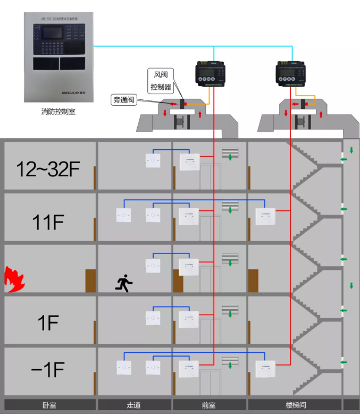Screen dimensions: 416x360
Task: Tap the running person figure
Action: pyautogui.click(x=124, y=284)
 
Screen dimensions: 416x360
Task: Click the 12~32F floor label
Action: pyautogui.click(x=48, y=169)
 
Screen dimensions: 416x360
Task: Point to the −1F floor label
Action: pyautogui.click(x=48, y=370)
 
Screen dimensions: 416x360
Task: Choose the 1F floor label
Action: pyautogui.click(x=48, y=323)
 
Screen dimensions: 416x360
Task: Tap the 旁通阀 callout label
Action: pyautogui.click(x=123, y=99)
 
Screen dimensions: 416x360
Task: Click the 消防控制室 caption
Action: pyautogui.click(x=58, y=112)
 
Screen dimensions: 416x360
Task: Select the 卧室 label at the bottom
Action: pyautogui.click(x=49, y=405)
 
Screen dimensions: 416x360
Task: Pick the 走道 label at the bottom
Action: pyautogui.click(x=134, y=405)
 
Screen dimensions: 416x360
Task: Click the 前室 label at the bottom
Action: pyautogui.click(x=209, y=405)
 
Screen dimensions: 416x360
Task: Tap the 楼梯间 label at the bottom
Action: pyautogui.click(x=296, y=405)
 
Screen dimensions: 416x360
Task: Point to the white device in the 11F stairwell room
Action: pyautogui.click(x=265, y=216)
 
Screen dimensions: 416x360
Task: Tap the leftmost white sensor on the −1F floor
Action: pyautogui.click(x=123, y=368)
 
